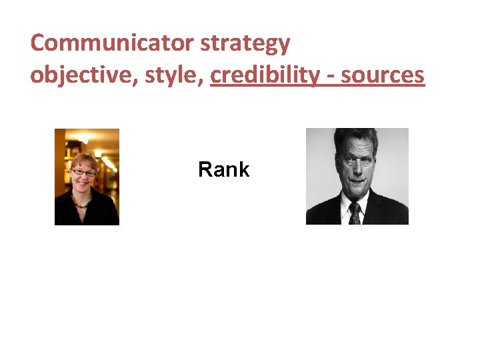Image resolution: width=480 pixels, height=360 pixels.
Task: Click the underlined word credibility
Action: (x=264, y=75)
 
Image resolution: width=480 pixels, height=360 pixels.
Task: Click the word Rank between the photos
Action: (x=223, y=170)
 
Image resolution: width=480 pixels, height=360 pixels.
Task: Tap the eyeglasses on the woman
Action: (x=84, y=173)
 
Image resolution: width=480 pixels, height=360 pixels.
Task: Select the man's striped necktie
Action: (x=355, y=213)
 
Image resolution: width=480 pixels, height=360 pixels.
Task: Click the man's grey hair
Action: (x=357, y=137)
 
